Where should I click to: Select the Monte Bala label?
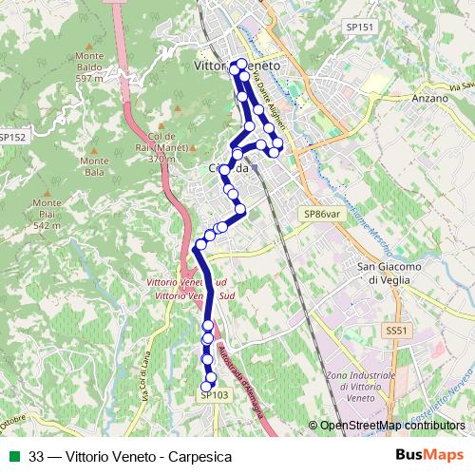click(x=94, y=166)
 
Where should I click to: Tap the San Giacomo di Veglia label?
click(x=387, y=274)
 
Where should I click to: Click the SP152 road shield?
click(x=12, y=138)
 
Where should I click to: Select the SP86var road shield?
click(x=322, y=215)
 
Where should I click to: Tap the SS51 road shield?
click(x=396, y=330)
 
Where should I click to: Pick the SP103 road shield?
click(x=216, y=395)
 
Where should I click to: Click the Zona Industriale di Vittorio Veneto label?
click(x=360, y=388)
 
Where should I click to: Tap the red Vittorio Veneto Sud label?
click(x=188, y=291)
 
